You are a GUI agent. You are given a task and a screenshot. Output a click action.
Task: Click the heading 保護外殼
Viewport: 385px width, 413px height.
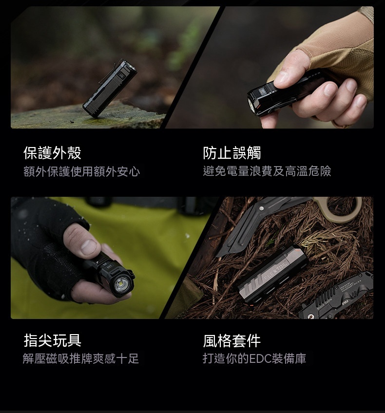coord(52,153)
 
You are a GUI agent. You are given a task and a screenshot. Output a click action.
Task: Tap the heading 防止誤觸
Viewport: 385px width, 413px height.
coord(232,153)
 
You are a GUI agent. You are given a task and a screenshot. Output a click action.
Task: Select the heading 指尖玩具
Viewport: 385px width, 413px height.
coord(52,340)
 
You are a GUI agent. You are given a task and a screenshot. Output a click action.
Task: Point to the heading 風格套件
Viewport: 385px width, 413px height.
coord(232,340)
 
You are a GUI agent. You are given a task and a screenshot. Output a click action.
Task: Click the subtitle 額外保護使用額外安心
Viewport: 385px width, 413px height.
coord(81,171)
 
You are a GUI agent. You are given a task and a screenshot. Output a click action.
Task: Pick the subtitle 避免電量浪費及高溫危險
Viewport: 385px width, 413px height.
coord(267,171)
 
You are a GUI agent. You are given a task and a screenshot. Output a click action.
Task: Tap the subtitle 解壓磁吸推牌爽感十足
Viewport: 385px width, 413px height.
coord(80,358)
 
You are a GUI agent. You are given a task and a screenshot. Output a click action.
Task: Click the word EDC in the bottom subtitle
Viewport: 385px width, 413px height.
coord(260,358)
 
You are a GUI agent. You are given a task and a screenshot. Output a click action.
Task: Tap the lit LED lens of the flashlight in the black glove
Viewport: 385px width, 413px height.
coord(122,285)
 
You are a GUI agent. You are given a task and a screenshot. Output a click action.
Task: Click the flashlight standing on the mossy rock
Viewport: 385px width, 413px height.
coord(110,88)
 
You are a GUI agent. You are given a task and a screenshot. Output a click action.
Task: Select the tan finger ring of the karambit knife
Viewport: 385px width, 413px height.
coord(343,208)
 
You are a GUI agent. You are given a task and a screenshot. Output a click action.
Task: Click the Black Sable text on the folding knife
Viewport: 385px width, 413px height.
coord(325,304)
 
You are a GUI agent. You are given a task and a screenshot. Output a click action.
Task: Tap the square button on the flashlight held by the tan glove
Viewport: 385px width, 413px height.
coord(263,92)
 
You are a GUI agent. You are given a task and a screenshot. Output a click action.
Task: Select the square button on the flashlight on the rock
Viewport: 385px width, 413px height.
coord(122,75)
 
